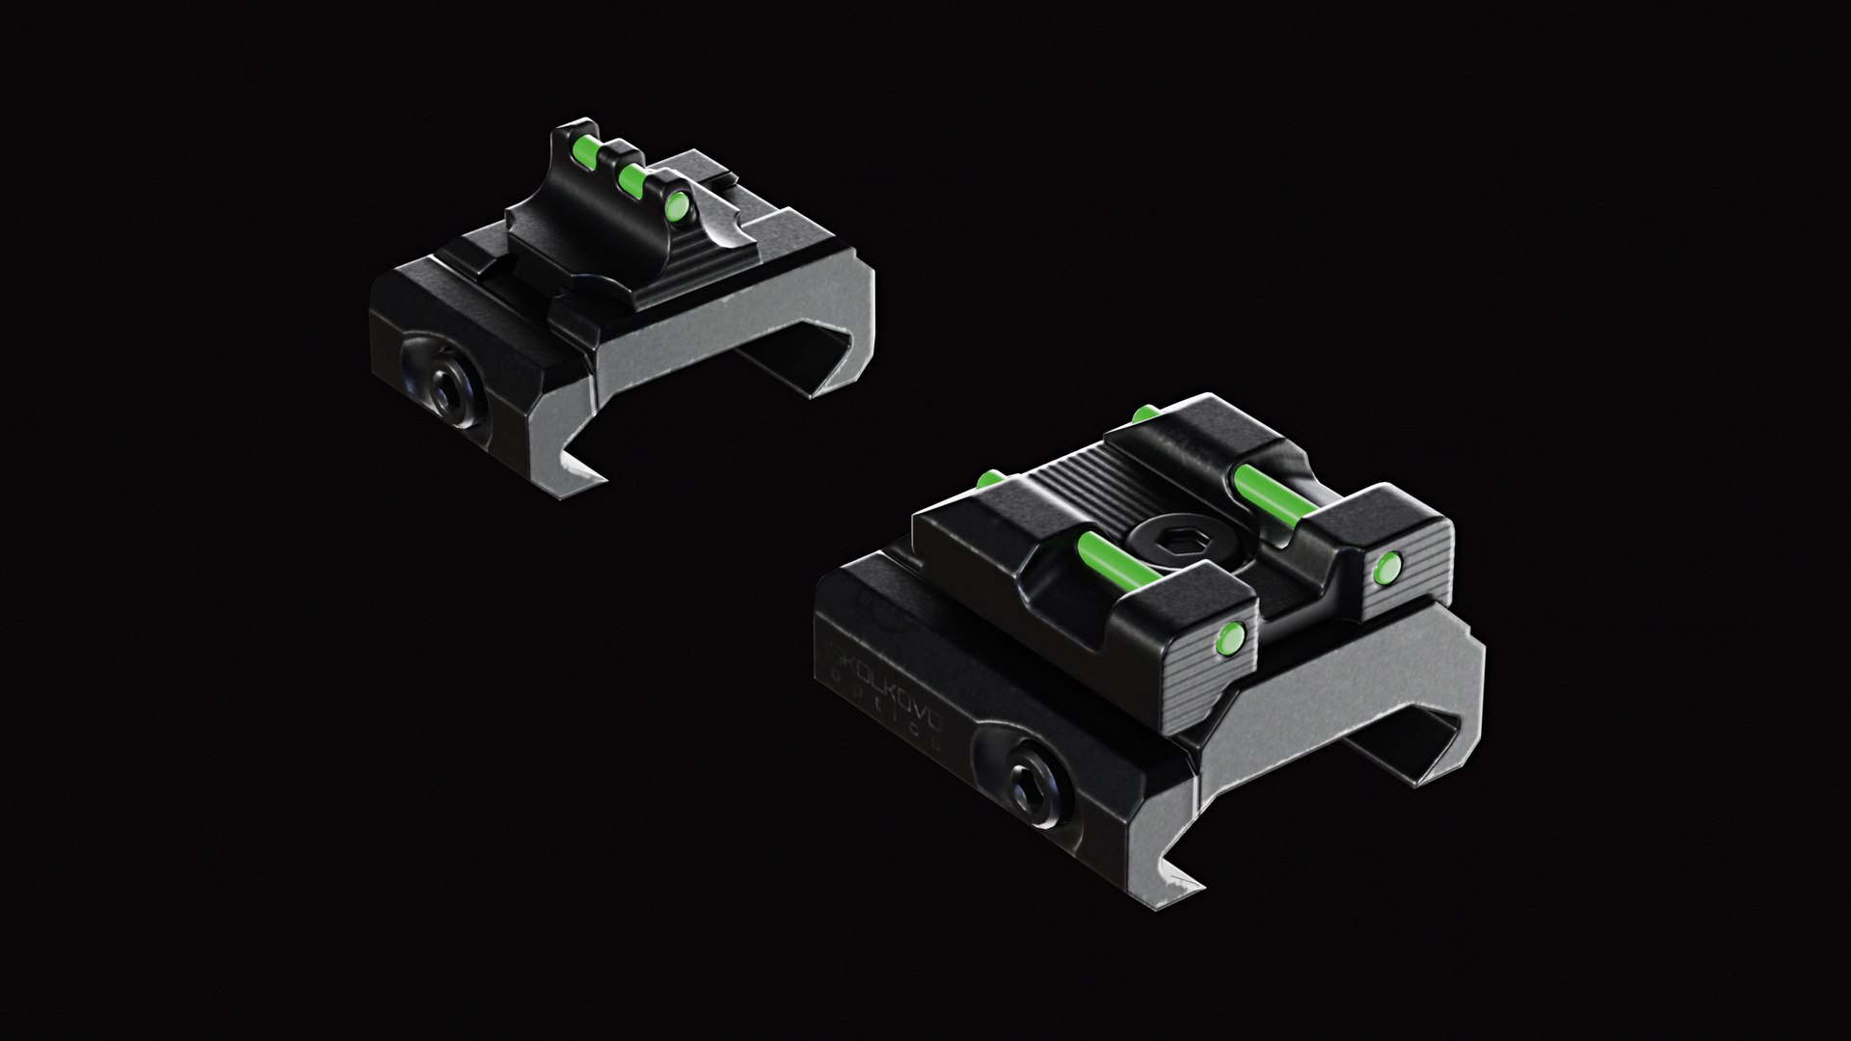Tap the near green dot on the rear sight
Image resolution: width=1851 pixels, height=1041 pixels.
1229,634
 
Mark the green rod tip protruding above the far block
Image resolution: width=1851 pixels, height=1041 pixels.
1144,414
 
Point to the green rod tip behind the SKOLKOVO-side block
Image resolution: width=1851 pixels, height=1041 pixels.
989,478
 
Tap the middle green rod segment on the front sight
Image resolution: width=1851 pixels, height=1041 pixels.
632,174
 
